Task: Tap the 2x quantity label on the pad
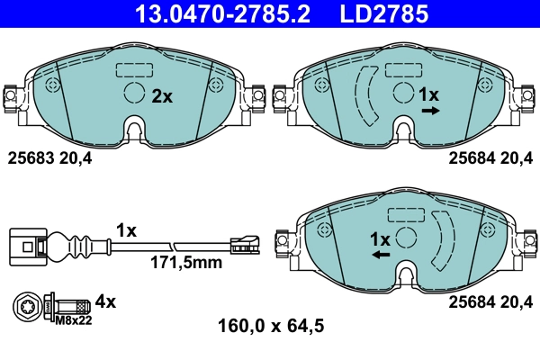coord(162,95)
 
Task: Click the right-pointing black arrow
coord(430,111)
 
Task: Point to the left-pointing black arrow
coord(382,256)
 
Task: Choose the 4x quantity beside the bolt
coord(106,301)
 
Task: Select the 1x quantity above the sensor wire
coord(125,230)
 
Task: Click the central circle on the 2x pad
coord(134,94)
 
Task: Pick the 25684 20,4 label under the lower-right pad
coord(490,301)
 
